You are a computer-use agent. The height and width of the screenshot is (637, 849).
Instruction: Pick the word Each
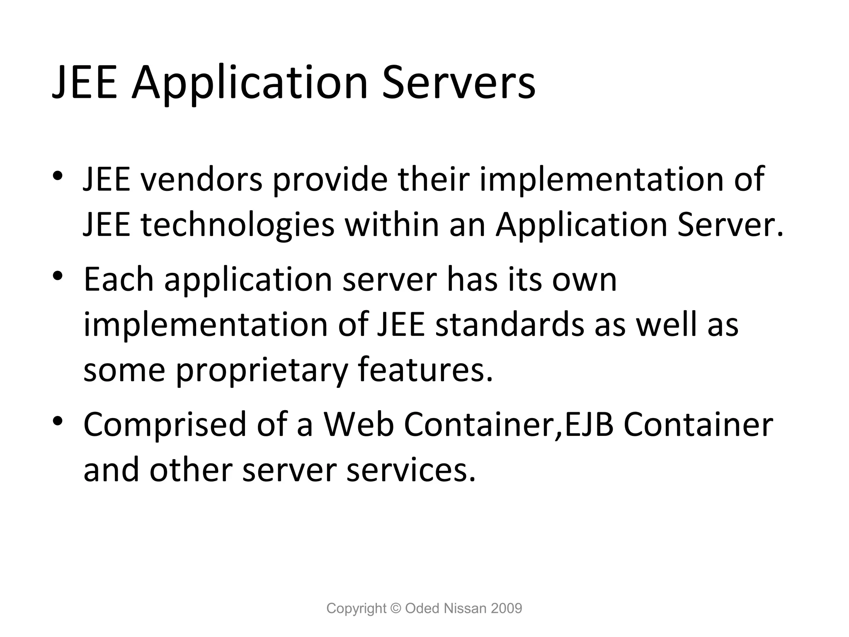119,280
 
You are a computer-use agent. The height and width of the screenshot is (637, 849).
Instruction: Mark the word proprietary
261,370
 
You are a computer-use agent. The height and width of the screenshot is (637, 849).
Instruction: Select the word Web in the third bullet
359,425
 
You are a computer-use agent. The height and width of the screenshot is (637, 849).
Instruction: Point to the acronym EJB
589,425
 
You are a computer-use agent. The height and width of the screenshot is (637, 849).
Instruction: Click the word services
411,470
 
